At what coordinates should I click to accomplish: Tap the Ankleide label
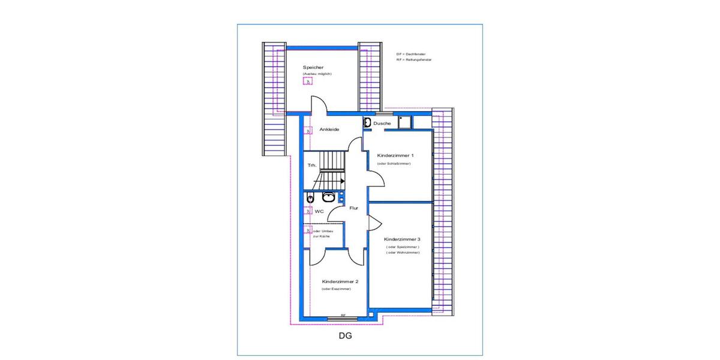330,129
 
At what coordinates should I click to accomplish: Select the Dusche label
382,124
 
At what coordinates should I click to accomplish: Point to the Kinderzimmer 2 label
340,281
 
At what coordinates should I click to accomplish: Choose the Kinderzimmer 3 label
402,239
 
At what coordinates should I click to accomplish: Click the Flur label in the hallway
354,208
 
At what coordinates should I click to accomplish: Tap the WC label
319,211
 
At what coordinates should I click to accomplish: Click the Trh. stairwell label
312,165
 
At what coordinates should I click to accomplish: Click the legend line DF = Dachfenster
411,54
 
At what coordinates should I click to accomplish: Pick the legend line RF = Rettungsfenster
414,60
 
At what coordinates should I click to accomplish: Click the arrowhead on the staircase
341,180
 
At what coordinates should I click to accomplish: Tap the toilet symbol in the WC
310,197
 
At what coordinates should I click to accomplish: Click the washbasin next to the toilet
328,197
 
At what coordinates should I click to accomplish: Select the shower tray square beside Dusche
404,122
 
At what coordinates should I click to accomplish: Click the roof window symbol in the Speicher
308,82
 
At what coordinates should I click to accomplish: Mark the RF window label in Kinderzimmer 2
343,315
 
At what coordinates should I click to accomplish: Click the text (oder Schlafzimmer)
394,164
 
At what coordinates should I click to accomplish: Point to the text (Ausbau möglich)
317,74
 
